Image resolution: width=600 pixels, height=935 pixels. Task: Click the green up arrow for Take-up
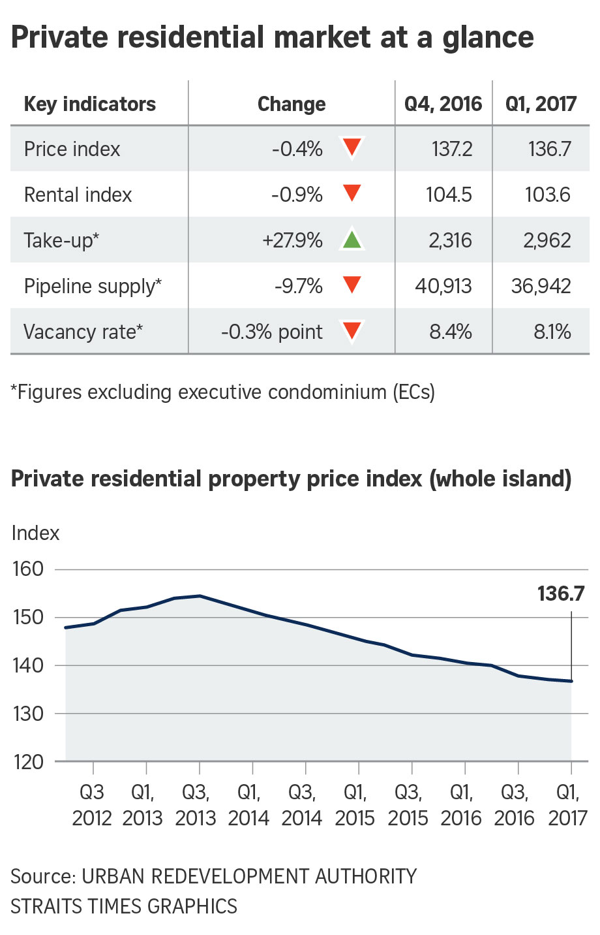click(352, 240)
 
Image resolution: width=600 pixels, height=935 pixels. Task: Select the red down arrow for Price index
click(352, 148)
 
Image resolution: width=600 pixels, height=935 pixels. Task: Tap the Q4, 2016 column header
click(443, 104)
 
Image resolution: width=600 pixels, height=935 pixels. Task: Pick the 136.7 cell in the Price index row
click(549, 149)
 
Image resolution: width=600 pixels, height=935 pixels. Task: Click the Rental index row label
click(78, 195)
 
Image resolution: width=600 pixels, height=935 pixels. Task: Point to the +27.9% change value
click(292, 240)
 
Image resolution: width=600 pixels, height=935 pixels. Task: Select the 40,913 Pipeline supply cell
click(443, 286)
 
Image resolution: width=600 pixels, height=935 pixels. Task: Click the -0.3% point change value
click(271, 332)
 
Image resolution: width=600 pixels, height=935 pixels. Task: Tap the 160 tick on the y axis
click(28, 569)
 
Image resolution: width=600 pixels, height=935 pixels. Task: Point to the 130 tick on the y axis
click(28, 714)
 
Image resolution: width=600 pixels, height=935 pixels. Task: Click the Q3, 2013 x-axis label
click(196, 805)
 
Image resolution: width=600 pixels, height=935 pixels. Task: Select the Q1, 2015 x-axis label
click(355, 805)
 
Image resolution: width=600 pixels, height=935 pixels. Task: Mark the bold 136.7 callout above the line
click(561, 594)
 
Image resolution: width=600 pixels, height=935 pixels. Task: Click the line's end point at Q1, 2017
click(571, 681)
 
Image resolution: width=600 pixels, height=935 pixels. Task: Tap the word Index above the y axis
click(35, 533)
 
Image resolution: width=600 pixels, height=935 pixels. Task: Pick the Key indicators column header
click(90, 104)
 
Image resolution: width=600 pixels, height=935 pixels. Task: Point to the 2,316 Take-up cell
click(450, 240)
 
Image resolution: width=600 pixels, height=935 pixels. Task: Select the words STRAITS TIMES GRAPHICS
click(124, 906)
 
